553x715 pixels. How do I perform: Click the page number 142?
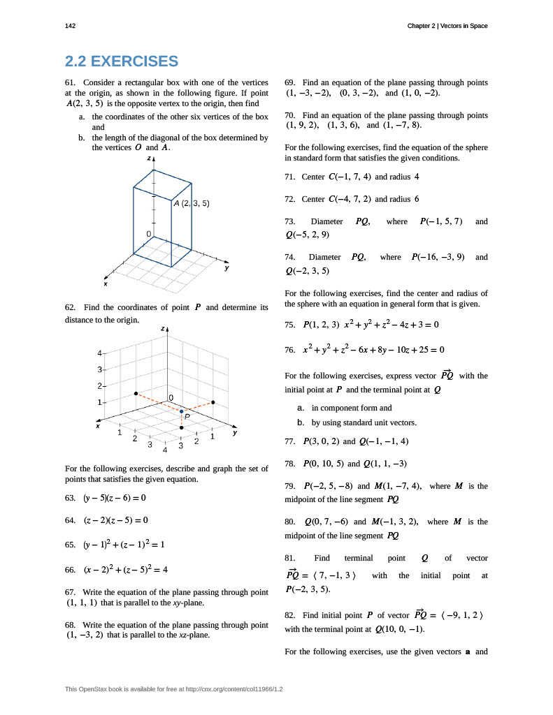tap(70, 26)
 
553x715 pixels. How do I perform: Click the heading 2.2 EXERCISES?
tap(121, 61)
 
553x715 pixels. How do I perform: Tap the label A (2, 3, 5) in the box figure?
tap(192, 203)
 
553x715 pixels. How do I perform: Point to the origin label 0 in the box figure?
tap(148, 233)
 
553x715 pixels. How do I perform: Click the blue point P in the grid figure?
tap(181, 412)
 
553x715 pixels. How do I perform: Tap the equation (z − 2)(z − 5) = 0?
tap(115, 520)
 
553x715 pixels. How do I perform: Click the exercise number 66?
tap(69, 570)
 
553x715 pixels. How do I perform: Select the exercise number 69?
tap(292, 82)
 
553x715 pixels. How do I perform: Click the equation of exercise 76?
tap(374, 349)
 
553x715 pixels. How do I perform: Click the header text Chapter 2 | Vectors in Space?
tap(447, 26)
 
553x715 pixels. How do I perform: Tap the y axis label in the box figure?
tap(227, 268)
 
